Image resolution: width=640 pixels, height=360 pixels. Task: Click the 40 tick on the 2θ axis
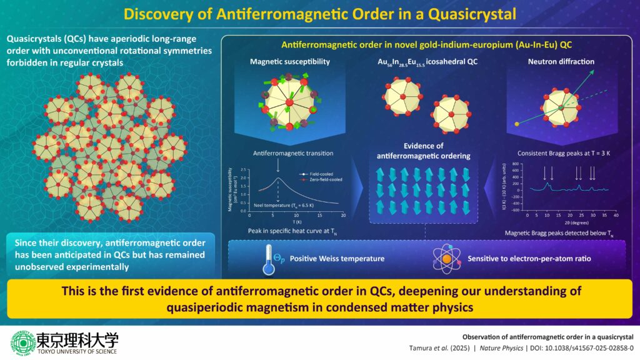point(616,215)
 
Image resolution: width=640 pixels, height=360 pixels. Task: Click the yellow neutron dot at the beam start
point(517,124)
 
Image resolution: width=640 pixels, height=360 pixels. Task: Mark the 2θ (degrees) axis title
point(571,222)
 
